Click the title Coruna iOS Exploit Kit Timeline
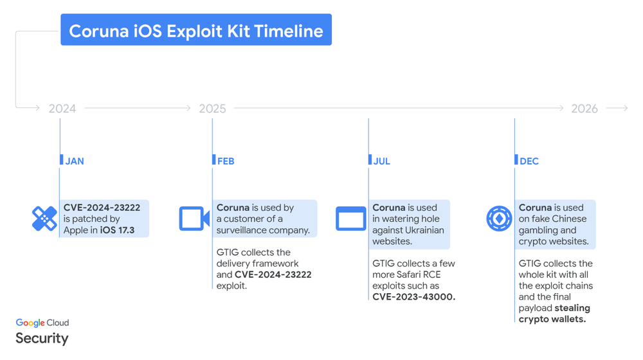(x=196, y=30)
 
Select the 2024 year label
(x=62, y=109)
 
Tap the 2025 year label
(x=212, y=109)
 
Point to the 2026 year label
(x=584, y=109)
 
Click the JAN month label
(x=75, y=161)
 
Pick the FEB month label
(x=226, y=161)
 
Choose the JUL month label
(x=382, y=161)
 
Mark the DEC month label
(x=529, y=161)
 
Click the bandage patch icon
(x=44, y=219)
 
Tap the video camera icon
(x=194, y=219)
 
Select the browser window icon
(x=350, y=219)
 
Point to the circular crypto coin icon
(x=499, y=219)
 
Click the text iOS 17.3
(x=117, y=230)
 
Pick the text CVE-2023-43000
(x=413, y=297)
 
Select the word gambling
(x=538, y=230)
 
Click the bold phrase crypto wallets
(x=552, y=319)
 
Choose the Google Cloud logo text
(x=42, y=323)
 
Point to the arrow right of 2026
(x=617, y=109)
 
